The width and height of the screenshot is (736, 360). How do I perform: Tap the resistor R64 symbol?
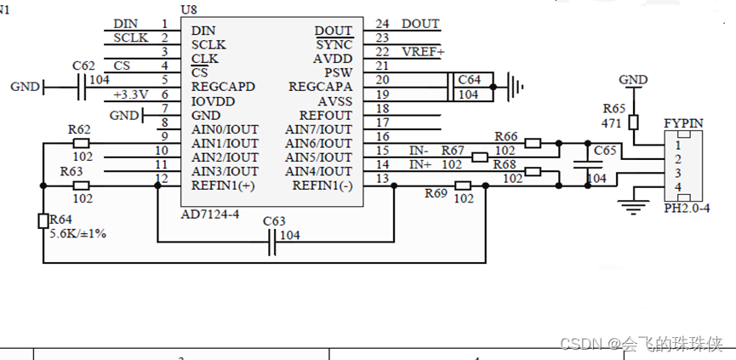click(43, 221)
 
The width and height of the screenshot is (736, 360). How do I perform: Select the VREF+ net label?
click(422, 52)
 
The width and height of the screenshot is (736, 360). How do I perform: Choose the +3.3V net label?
click(130, 94)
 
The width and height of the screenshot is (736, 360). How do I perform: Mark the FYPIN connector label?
click(683, 123)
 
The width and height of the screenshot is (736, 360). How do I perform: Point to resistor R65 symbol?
click(633, 123)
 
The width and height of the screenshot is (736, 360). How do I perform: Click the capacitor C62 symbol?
click(83, 87)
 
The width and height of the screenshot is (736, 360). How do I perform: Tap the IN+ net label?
click(420, 164)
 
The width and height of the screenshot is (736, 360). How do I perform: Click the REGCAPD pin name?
click(223, 87)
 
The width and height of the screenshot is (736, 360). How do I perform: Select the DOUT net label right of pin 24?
click(420, 24)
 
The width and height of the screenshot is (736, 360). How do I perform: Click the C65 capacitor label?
click(605, 151)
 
